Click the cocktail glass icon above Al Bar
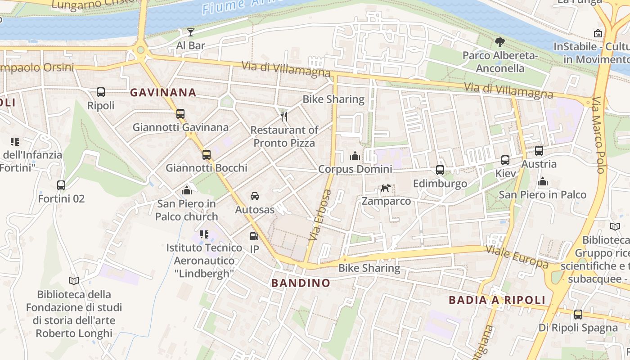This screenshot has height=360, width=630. point(191,32)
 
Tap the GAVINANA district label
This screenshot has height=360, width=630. point(163,93)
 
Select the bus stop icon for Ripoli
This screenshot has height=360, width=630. point(101,92)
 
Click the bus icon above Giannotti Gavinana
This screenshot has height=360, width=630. point(180,114)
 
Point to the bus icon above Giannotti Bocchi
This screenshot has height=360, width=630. point(207,155)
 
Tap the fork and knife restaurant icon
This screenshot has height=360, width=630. point(284,117)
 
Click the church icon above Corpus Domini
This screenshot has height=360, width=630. point(355,156)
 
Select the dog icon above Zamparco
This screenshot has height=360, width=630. point(386,188)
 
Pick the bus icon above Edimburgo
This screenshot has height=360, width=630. point(440,170)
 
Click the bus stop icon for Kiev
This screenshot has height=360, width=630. point(505,160)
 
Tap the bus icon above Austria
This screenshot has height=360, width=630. point(539,151)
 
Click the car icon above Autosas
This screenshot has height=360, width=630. point(255,196)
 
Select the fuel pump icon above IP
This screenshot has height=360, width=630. point(254,236)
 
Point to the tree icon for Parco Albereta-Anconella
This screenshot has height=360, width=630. point(500,43)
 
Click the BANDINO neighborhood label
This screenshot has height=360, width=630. point(301,283)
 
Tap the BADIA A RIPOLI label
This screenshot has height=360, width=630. point(497,300)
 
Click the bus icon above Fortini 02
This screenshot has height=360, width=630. point(61,185)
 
